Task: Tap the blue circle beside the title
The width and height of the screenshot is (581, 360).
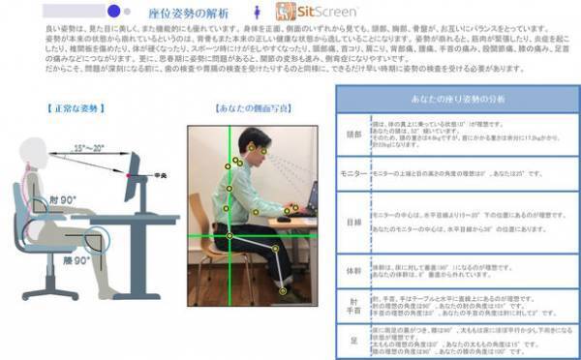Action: [114, 12]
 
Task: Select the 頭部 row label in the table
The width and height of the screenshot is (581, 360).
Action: [354, 135]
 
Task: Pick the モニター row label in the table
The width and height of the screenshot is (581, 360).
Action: [354, 171]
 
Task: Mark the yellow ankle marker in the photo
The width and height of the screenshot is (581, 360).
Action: [283, 289]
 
